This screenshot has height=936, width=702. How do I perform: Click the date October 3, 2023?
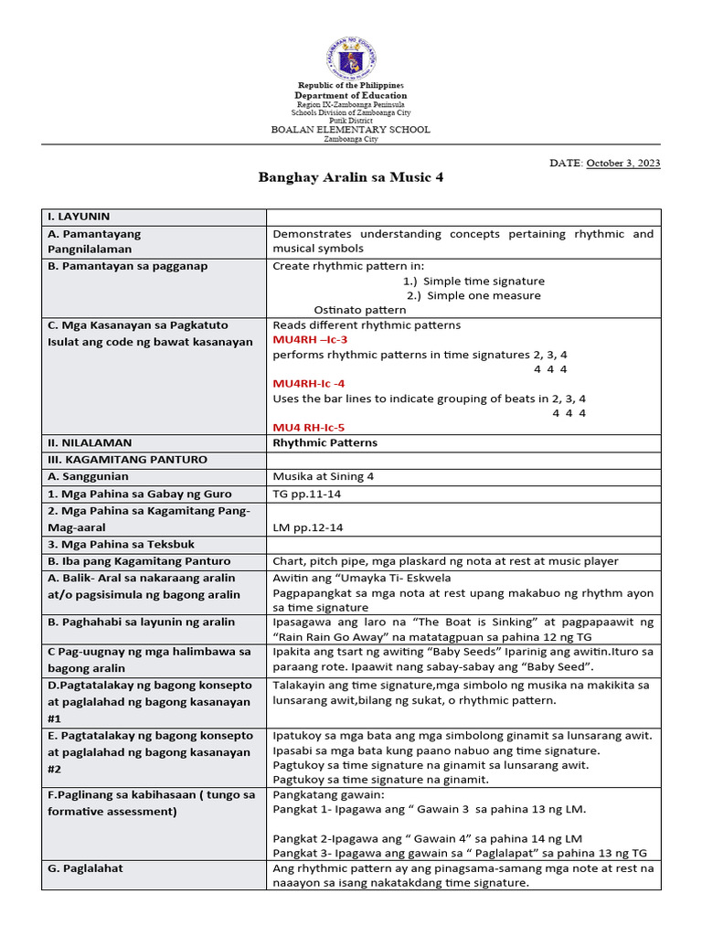click(623, 163)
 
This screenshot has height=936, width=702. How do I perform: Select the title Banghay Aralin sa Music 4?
click(351, 176)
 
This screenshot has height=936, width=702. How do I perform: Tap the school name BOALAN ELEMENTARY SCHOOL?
click(351, 130)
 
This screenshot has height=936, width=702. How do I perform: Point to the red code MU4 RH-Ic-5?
click(309, 427)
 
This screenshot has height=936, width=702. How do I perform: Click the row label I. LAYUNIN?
click(79, 217)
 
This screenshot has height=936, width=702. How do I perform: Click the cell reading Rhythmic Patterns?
click(324, 442)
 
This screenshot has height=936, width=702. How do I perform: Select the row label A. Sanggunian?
click(88, 476)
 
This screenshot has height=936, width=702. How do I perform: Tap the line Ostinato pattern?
click(360, 310)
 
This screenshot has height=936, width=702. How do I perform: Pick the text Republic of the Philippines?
click(351, 85)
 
